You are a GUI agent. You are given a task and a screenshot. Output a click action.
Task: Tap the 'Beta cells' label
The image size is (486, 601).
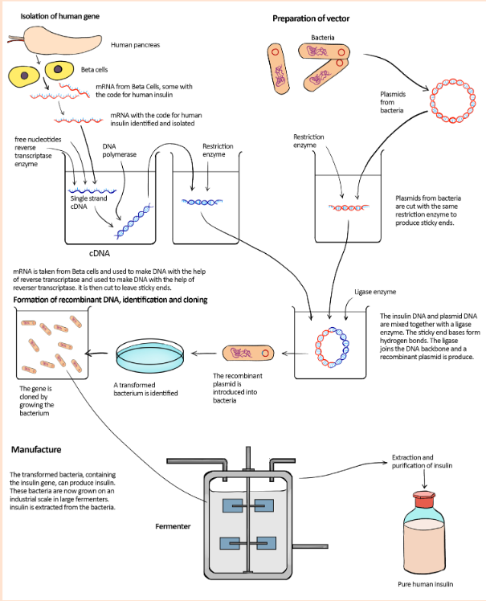tap(94, 70)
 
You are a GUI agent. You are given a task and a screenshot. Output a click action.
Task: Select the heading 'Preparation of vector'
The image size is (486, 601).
tap(311, 18)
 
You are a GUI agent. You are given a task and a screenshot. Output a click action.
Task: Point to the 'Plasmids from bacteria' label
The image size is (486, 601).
tap(393, 102)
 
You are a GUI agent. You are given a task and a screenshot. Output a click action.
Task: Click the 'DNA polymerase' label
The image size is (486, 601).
tap(119, 150)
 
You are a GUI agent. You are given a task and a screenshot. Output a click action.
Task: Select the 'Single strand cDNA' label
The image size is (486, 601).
tap(88, 202)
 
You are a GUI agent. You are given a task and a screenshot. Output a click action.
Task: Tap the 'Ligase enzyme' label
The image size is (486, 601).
tap(375, 292)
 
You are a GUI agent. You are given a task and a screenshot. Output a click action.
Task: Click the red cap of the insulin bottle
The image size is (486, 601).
tap(424, 500)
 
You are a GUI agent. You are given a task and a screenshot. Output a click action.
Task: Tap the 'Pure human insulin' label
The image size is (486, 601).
tap(426, 584)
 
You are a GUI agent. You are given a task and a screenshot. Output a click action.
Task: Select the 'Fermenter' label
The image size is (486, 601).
tap(173, 526)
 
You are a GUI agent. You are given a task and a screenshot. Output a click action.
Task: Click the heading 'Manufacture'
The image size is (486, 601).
tap(36, 450)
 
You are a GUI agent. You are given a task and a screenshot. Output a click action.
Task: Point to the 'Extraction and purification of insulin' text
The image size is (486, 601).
tap(422, 461)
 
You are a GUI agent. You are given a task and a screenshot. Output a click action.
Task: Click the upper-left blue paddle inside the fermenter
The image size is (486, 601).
tap(233, 505)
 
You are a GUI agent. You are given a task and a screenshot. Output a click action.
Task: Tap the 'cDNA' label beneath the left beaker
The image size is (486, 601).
tap(100, 253)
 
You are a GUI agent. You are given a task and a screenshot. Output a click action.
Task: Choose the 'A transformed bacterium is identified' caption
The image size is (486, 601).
tap(145, 389)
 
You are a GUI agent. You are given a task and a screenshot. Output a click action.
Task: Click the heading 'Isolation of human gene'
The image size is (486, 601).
tap(59, 16)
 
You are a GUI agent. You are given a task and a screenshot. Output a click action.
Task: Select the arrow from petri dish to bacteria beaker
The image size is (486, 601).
tap(96, 354)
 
